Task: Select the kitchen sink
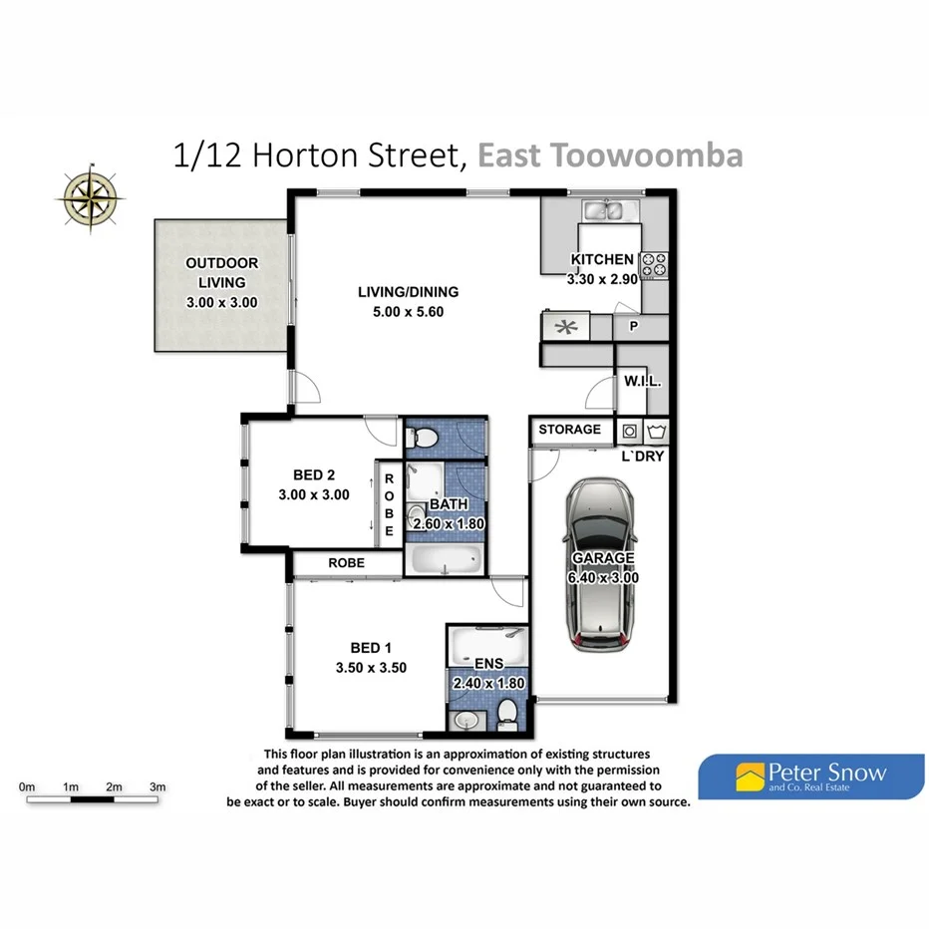coord(603,210)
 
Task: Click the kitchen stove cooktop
coord(654,265)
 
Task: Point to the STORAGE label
coord(570,430)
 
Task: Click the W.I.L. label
coord(643,383)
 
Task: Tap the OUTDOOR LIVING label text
coord(221,273)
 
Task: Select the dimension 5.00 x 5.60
coord(408,311)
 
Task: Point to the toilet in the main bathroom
coord(422,437)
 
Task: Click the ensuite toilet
coord(508,712)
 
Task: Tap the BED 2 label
coord(314,474)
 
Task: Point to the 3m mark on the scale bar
coord(156,787)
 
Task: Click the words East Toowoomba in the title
coord(610,156)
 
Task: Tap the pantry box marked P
coord(632,326)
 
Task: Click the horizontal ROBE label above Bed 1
coord(346,563)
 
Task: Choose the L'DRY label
coord(643,457)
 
